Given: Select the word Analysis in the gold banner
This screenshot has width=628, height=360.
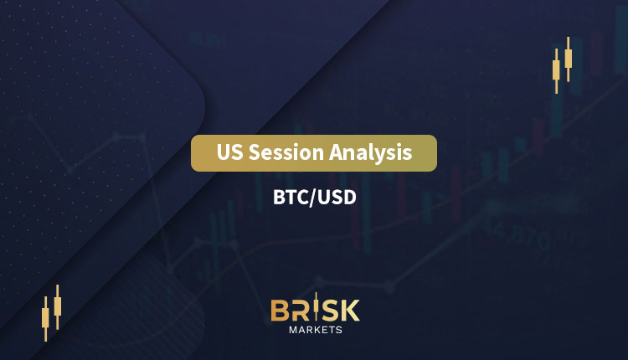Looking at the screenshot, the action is click(371, 153).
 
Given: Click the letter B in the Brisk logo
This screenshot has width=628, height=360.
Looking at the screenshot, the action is click(280, 311).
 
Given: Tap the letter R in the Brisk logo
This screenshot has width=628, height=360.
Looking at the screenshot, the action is click(301, 311).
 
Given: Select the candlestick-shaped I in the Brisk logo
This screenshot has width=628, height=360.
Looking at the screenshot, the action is click(316, 307).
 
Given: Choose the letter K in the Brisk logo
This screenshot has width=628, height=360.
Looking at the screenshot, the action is click(350, 311).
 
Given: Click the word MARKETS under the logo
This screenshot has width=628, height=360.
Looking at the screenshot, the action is click(316, 330).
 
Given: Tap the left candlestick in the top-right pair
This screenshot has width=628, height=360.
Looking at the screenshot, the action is click(556, 71).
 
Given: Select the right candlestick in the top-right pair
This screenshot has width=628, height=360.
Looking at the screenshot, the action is click(569, 59).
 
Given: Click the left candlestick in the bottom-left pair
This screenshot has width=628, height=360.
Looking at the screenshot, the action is click(45, 319).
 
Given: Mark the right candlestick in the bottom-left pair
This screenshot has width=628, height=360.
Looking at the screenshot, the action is click(58, 306).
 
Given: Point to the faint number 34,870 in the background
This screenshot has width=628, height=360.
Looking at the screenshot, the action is click(516, 234).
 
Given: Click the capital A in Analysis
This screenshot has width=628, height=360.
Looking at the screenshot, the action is click(337, 152).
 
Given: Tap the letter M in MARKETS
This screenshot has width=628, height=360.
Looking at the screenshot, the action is click(293, 330).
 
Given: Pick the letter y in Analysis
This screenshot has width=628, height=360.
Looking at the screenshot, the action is click(378, 156).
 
